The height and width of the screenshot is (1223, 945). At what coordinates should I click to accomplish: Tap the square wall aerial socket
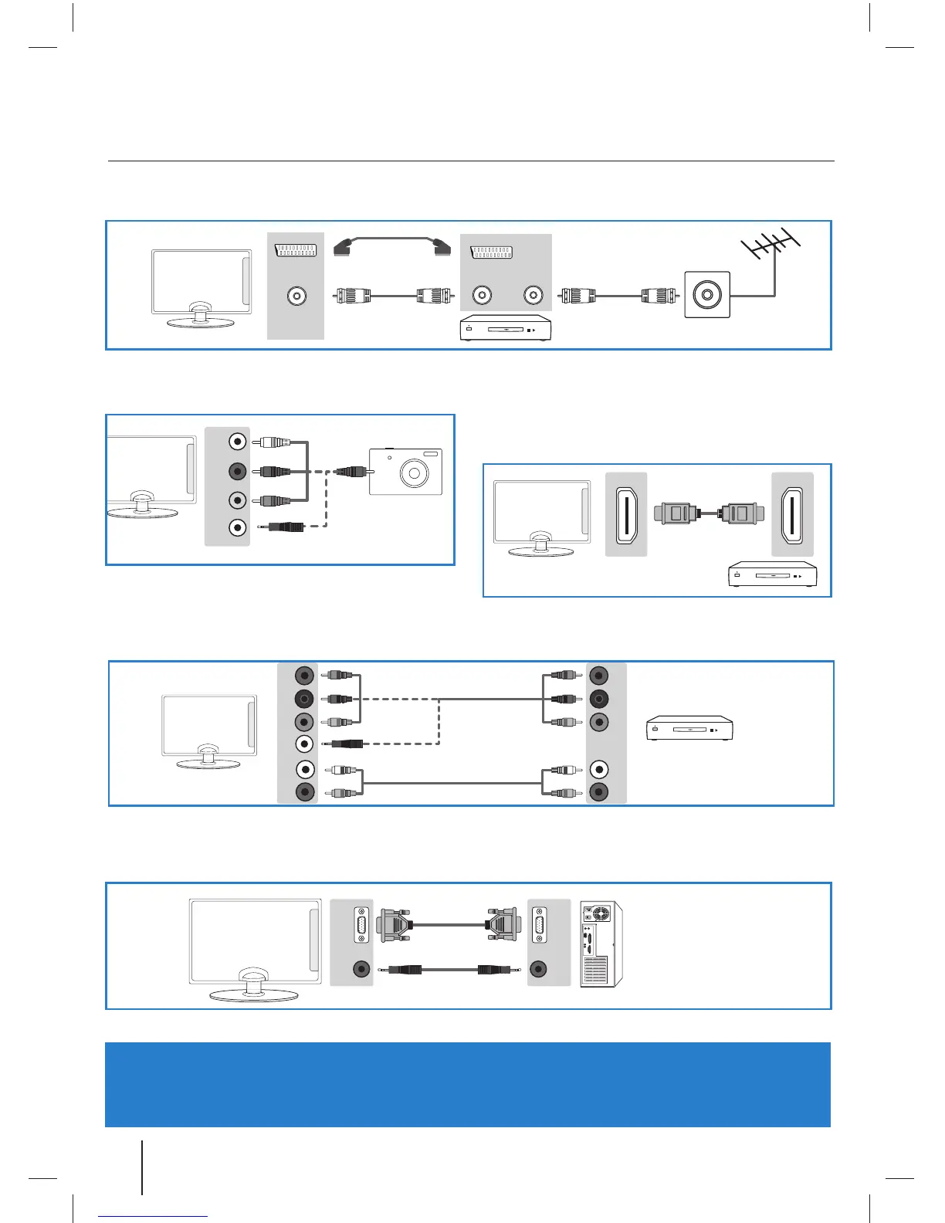coord(707,294)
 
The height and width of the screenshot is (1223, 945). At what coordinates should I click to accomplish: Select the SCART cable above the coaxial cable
coord(391,246)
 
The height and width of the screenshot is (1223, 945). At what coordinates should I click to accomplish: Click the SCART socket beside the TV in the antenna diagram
coord(295,250)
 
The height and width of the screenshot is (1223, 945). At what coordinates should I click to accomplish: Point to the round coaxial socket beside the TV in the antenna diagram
coord(296,296)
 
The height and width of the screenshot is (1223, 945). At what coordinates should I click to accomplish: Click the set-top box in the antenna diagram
coord(506,328)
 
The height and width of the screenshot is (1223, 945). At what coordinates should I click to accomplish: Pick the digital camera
coord(405,471)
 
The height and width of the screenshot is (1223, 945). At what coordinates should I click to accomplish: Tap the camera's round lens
coord(415,473)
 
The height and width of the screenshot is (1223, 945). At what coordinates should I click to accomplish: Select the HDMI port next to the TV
coord(625,514)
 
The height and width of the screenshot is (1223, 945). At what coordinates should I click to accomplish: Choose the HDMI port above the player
coord(792,514)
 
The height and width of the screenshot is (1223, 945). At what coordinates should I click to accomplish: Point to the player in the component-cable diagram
coord(689,729)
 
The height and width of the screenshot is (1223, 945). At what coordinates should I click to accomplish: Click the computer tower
coord(601,944)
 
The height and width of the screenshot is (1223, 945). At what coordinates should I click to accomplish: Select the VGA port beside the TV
coord(361,925)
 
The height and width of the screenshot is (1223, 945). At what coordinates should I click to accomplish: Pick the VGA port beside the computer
coord(539,925)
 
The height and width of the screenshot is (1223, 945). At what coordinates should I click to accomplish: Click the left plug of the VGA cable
coord(395,924)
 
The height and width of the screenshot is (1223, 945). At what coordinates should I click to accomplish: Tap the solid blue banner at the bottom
coord(468,1084)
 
